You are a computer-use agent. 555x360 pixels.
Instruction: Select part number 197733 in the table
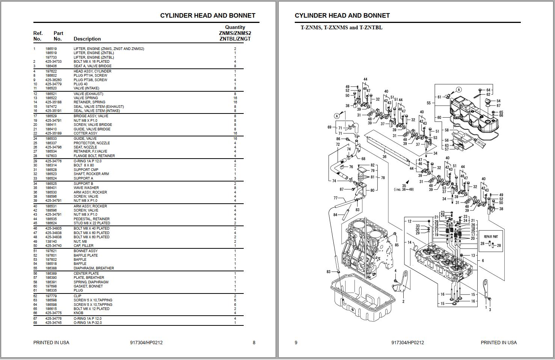coord(51,57)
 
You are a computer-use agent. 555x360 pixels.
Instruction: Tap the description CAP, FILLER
coord(83,246)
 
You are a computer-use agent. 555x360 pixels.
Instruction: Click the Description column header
coord(87,39)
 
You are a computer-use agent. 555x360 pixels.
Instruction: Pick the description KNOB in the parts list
coord(78,313)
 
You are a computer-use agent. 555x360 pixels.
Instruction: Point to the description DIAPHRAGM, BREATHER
coord(94,268)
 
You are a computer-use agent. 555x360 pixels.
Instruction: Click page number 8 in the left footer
coord(254,343)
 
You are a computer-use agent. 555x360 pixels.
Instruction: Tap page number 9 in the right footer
coord(296,343)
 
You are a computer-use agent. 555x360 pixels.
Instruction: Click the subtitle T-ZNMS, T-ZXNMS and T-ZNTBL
coord(341,27)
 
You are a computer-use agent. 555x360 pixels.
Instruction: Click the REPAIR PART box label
coord(490,237)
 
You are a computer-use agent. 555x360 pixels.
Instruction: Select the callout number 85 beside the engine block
coord(397,245)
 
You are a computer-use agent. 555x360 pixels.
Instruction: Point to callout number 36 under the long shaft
coord(384,157)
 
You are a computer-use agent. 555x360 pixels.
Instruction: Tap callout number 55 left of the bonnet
coord(428,103)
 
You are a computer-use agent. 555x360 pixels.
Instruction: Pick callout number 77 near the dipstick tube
coord(335,198)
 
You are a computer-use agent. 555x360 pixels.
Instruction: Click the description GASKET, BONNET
coord(88,286)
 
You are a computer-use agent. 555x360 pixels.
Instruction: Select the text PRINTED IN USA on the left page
coord(51,343)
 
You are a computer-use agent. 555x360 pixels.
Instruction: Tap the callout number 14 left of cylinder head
coord(410,243)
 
